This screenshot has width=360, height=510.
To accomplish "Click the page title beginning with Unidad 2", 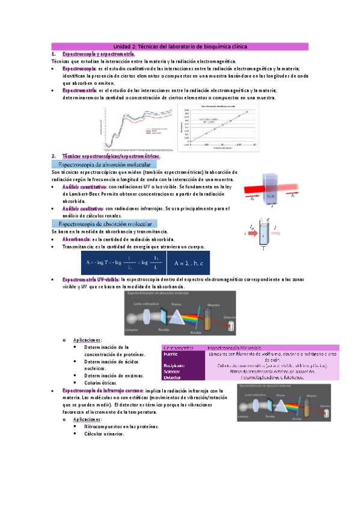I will point(180,46).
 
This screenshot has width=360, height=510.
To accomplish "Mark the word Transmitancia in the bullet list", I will point(81,247).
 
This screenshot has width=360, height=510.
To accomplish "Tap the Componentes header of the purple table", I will point(178,348).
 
